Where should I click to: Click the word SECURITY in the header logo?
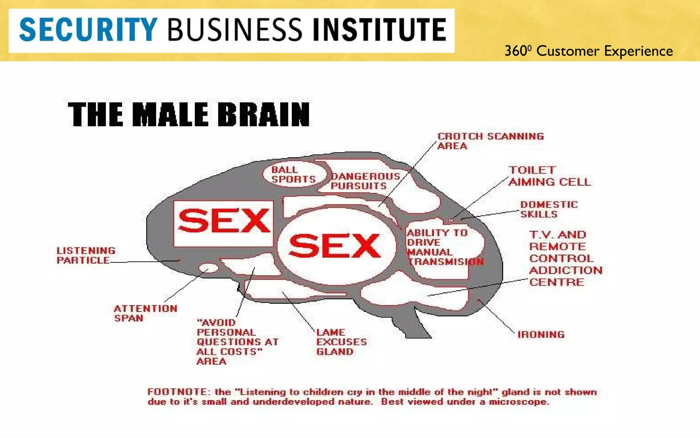(88, 30)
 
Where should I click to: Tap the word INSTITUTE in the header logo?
(379, 30)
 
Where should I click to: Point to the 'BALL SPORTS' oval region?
(293, 175)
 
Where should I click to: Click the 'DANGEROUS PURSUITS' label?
(365, 181)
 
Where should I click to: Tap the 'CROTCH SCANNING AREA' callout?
(490, 141)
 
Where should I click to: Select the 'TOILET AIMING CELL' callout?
(549, 176)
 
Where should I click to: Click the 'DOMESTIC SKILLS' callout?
(549, 209)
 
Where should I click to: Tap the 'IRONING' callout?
(541, 334)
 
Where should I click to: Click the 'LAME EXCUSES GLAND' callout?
(341, 342)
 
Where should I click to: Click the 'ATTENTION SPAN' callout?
(145, 313)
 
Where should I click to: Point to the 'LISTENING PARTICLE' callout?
(86, 255)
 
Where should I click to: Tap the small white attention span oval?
(208, 268)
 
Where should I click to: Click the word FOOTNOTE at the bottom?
(177, 392)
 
